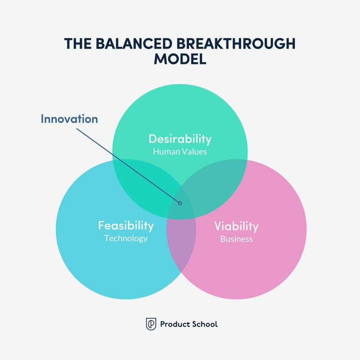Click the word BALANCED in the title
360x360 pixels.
[x=134, y=43]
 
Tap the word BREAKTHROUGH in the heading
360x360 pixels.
[x=236, y=43]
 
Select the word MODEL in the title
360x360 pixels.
[x=180, y=59]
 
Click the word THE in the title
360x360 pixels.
[x=77, y=43]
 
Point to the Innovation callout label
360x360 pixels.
[x=69, y=119]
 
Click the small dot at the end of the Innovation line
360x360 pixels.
[x=180, y=203]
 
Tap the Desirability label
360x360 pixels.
[x=180, y=139]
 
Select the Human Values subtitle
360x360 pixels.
[x=180, y=152]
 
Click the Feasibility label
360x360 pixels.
[x=126, y=226]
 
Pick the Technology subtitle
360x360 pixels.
[x=126, y=238]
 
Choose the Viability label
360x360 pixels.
[x=237, y=226]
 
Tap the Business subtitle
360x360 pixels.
[x=237, y=239]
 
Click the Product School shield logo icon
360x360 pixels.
[x=151, y=324]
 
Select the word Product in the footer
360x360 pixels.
[x=175, y=324]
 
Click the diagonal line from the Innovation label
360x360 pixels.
[x=128, y=166]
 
